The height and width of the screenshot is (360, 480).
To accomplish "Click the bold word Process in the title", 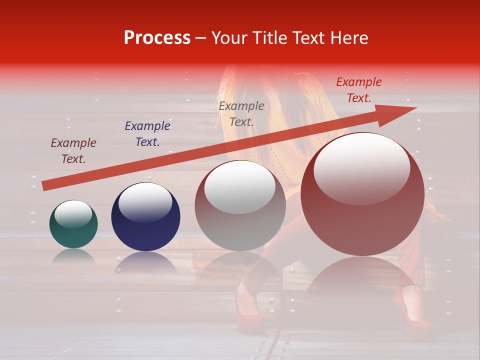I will [x=157, y=38].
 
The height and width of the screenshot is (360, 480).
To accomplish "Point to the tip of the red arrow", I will [x=415, y=108].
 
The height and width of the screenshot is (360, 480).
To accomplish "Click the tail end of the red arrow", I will [x=44, y=186].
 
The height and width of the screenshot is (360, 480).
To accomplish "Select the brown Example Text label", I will [x=73, y=151].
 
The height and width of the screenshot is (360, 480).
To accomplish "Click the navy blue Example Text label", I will [x=147, y=134].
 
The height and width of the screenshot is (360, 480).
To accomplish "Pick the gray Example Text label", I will [x=241, y=113].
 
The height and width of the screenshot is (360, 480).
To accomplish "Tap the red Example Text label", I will [x=358, y=90].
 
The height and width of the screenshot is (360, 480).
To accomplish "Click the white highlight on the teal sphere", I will [x=73, y=214].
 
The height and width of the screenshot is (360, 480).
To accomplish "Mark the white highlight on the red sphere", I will [x=362, y=168].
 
